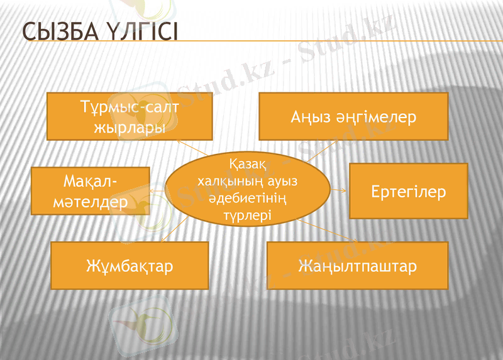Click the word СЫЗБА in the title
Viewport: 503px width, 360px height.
[53, 32]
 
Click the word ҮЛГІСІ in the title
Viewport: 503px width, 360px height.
[137, 32]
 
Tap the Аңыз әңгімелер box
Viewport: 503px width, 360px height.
[353, 116]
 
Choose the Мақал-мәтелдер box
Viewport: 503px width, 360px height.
[91, 191]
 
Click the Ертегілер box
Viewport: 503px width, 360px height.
[408, 191]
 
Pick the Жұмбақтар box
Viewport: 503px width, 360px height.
[129, 265]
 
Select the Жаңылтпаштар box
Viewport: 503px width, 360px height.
[357, 265]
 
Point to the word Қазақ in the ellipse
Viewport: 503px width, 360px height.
[247, 165]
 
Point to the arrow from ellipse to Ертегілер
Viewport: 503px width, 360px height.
[339, 188]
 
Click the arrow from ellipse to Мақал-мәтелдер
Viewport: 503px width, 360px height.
[157, 189]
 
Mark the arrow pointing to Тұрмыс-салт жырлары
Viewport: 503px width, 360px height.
[189, 148]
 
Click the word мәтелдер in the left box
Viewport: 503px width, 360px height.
[91, 202]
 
